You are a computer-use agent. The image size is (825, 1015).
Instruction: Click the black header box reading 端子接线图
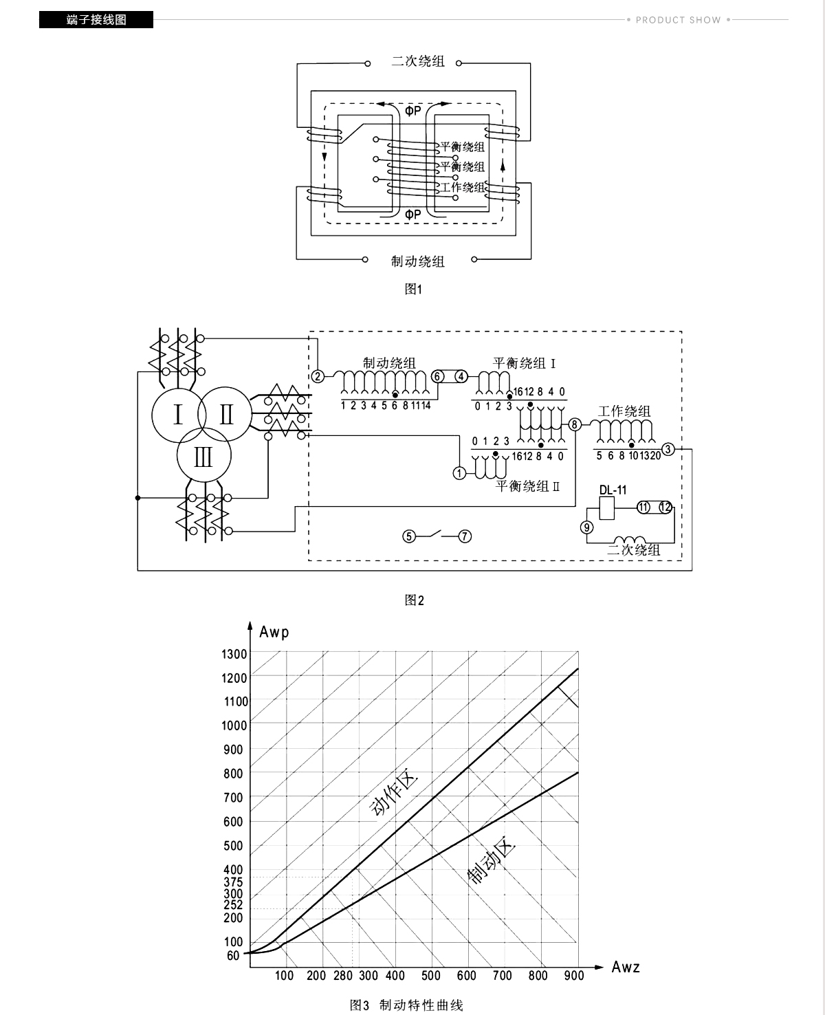coord(96,20)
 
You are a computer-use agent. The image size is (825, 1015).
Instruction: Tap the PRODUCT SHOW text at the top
coord(679,20)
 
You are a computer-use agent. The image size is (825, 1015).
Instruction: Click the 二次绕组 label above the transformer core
coord(418,61)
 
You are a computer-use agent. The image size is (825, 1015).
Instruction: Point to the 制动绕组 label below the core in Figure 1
coord(418,261)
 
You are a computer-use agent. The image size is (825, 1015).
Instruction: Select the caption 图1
coord(413,289)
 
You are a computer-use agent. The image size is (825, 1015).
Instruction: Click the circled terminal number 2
coord(318,376)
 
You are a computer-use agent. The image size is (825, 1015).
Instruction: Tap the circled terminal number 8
coord(575,424)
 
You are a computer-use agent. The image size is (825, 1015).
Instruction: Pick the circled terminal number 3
coord(668,449)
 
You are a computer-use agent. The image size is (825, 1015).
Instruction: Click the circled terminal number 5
coord(408,536)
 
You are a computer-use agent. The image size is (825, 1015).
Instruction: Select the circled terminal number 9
coord(587,527)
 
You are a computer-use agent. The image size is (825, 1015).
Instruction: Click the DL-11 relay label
coord(613,490)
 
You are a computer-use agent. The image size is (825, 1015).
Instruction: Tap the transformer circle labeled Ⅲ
coord(204,456)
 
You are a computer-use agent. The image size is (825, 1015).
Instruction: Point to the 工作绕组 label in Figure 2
coord(624,411)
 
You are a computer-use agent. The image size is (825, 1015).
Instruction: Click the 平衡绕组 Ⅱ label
coord(528,486)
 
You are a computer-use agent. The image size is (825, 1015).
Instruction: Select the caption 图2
coord(414,600)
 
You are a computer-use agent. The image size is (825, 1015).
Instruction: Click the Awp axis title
coord(274,633)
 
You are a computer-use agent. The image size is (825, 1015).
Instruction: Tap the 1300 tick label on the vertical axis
coord(234,654)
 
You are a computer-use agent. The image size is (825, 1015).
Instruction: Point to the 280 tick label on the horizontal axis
coord(343,975)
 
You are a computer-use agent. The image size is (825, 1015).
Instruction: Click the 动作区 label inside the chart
coord(394,794)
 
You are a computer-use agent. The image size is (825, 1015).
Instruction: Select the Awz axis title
coord(626,967)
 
